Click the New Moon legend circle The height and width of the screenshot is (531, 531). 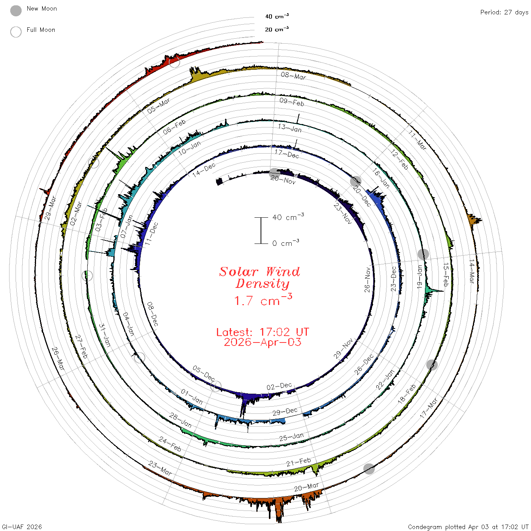coord(16,11)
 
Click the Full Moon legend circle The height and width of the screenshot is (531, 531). coord(16,32)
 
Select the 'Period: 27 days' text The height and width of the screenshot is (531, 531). coord(504,13)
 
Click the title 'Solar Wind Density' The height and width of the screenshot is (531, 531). coord(259,278)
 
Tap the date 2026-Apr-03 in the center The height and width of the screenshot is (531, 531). coord(262,342)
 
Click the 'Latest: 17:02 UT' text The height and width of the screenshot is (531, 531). coord(262,332)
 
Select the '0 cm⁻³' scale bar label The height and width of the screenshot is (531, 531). coord(286,243)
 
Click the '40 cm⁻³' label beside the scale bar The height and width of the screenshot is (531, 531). coord(288,217)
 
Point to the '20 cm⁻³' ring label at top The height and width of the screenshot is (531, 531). coord(276,29)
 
